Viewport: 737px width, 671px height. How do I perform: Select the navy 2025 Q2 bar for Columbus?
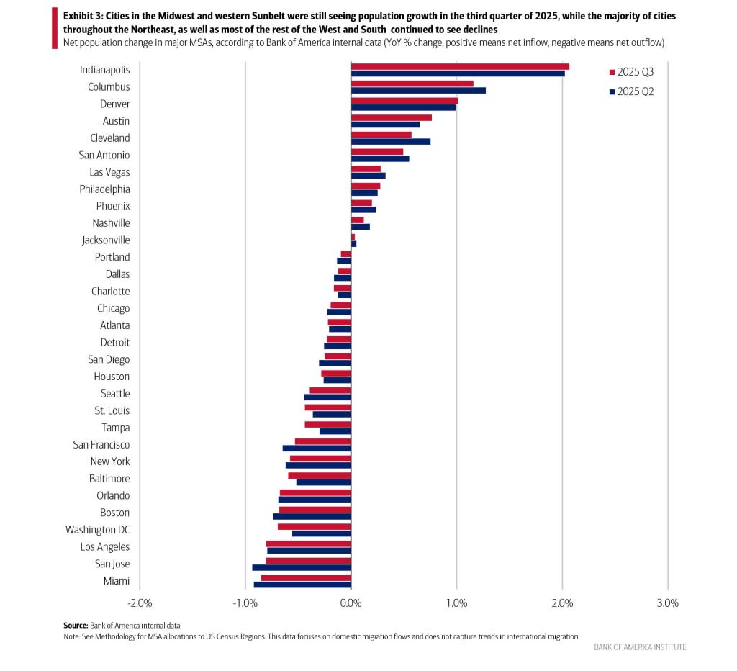point(417,91)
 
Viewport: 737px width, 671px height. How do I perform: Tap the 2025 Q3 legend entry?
point(631,72)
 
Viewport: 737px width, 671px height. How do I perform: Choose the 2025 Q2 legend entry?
point(631,91)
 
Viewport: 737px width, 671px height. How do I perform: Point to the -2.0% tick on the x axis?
point(139,603)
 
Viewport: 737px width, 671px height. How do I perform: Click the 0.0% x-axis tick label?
point(351,603)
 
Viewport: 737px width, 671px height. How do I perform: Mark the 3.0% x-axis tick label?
point(667,603)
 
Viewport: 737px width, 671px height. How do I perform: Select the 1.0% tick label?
point(456,603)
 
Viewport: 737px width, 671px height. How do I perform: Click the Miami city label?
point(117,581)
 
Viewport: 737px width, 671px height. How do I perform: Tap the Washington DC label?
point(98,530)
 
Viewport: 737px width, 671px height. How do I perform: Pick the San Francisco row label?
point(101,445)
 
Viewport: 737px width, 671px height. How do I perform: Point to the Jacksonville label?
point(105,240)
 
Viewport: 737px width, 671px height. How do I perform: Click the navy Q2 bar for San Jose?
point(301,567)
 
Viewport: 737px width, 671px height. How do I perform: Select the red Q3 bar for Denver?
point(404,101)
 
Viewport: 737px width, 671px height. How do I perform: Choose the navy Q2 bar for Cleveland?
point(390,141)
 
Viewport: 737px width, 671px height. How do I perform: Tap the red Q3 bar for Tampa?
point(327,424)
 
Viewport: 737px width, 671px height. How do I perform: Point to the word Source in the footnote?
point(76,625)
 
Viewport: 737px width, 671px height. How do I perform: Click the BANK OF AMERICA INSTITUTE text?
point(640,647)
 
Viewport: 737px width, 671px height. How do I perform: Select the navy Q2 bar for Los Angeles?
point(309,551)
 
